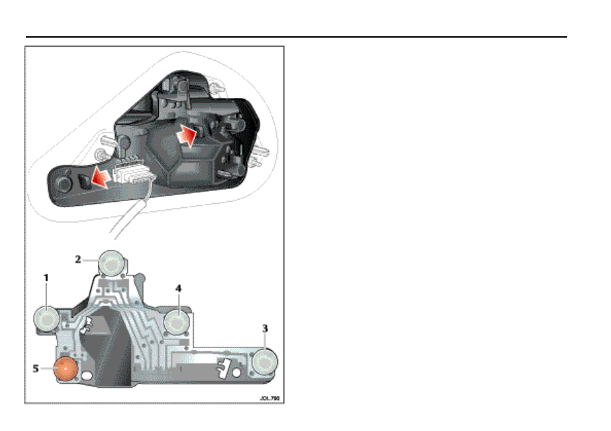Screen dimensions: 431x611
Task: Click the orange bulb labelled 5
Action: tap(64, 369)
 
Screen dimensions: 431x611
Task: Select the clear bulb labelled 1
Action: tap(47, 318)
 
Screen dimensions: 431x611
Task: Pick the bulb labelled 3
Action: tap(263, 363)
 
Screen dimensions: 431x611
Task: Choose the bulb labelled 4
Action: tap(175, 320)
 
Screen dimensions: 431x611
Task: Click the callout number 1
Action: tap(46, 279)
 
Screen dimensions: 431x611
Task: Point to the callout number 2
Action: tap(79, 259)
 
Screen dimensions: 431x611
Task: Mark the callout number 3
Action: tap(265, 329)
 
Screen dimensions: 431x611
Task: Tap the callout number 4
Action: tap(178, 289)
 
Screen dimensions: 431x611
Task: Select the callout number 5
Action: tap(36, 368)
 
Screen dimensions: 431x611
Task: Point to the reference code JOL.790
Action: tap(270, 397)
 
